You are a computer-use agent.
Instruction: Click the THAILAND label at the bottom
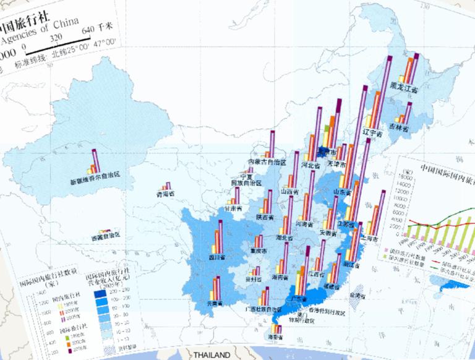coord(211,355)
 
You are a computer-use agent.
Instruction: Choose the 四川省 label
coord(215,255)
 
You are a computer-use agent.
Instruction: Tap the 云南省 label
coord(214,304)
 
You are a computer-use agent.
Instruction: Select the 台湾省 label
coord(358,296)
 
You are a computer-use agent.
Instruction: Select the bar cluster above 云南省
coord(215,288)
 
